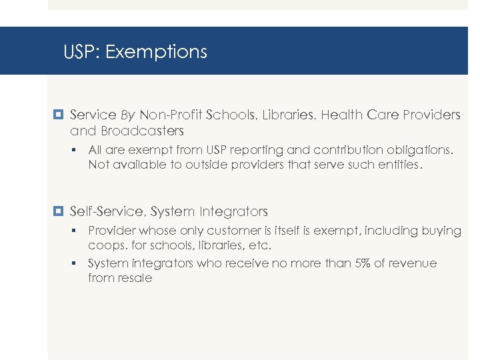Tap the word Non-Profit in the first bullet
pos(170,115)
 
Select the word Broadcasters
pos(142,131)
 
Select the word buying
pos(441,231)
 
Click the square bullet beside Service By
pos(58,115)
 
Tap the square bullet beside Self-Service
pos(58,212)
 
